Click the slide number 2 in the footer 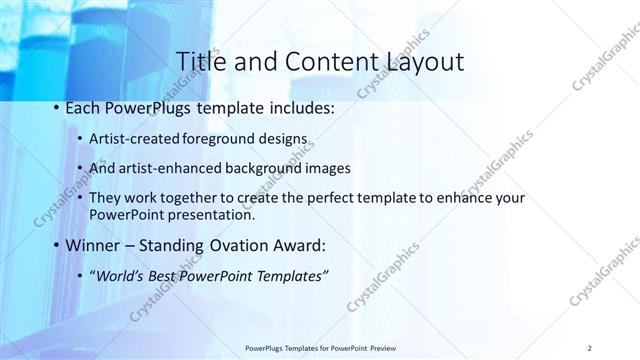tap(591, 348)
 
